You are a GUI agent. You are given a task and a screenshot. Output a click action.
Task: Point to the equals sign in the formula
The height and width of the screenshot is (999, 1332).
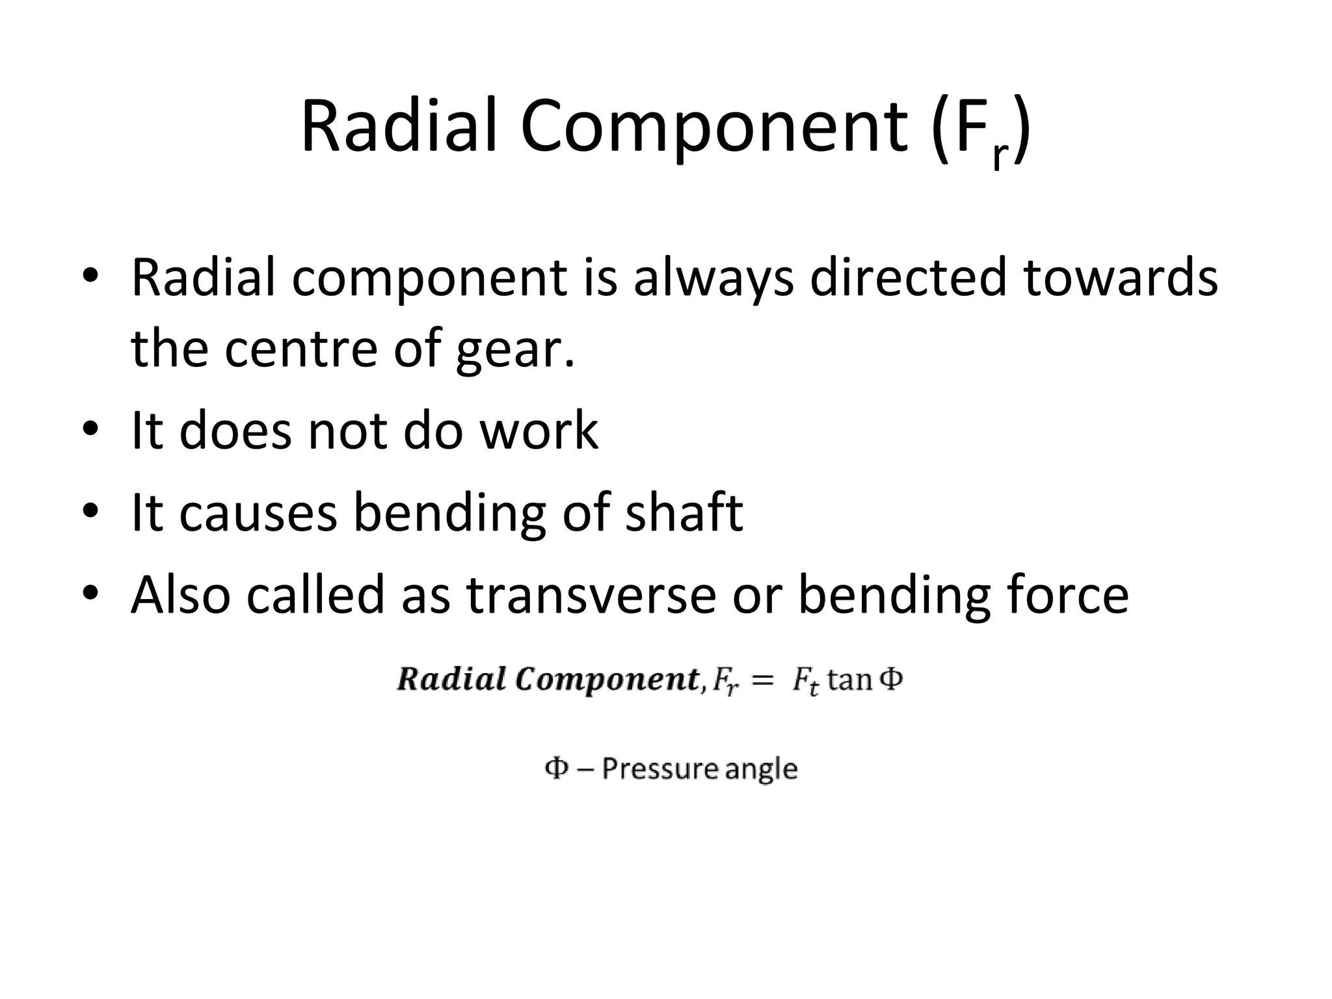[762, 680]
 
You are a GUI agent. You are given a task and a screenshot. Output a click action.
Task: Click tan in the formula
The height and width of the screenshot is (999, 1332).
[850, 680]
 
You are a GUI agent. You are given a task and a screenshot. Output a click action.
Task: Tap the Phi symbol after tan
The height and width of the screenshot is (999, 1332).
[890, 679]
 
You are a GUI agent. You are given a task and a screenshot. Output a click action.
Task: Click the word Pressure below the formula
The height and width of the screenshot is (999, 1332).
[659, 769]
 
